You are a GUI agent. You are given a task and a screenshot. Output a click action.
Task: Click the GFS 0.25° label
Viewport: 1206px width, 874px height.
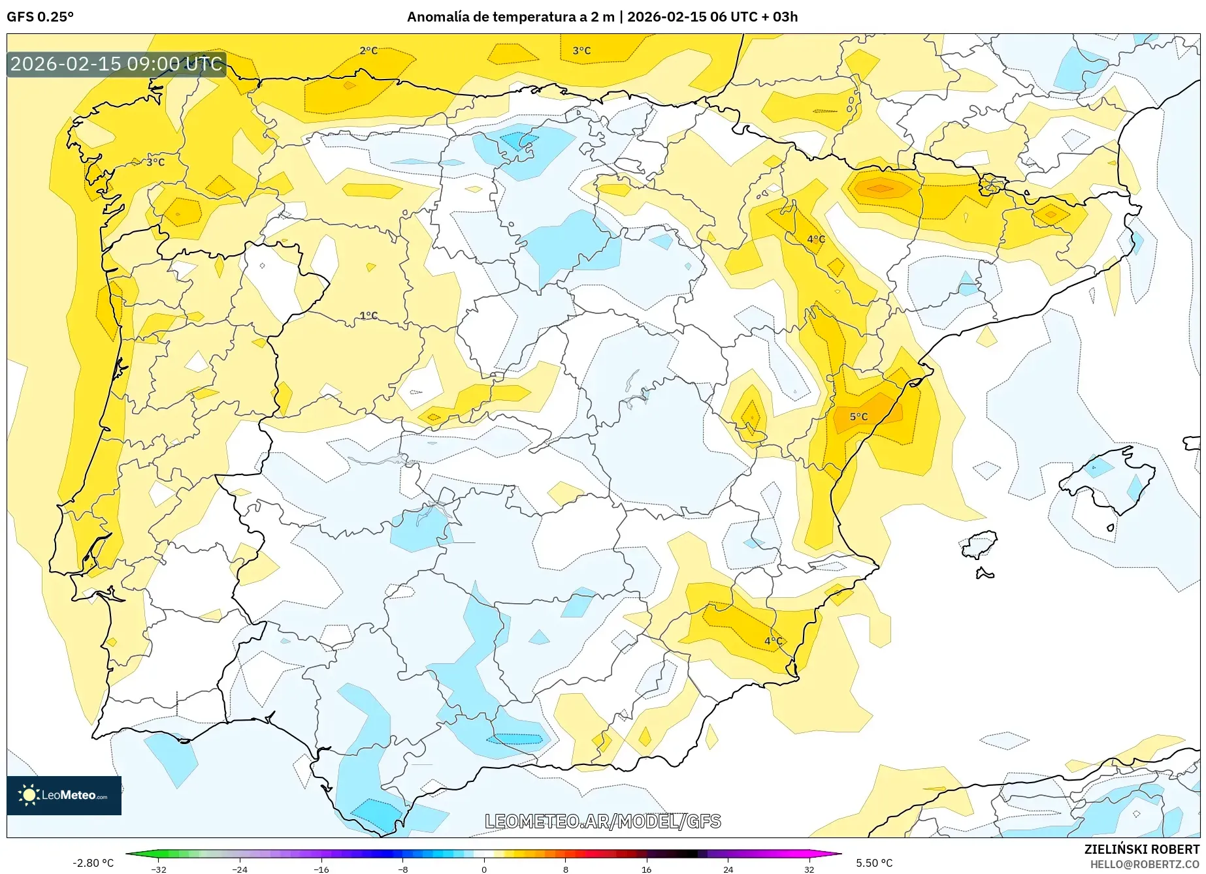(40, 17)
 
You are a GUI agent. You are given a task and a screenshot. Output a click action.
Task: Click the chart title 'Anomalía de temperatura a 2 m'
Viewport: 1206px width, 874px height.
(510, 17)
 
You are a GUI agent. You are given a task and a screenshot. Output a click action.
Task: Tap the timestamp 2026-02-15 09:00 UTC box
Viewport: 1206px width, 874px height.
(116, 64)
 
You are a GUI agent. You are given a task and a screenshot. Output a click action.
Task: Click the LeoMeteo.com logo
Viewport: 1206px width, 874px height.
(64, 795)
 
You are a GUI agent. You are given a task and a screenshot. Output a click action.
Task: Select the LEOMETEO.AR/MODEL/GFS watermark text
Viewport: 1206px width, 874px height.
(602, 821)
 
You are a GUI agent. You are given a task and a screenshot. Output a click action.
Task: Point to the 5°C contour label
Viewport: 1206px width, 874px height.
(858, 416)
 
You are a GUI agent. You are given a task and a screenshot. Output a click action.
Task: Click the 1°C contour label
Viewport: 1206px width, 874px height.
(368, 315)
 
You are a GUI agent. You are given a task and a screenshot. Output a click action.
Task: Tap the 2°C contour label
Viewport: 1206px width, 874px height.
(368, 50)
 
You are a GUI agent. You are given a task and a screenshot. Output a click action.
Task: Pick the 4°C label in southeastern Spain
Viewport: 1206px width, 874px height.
(774, 641)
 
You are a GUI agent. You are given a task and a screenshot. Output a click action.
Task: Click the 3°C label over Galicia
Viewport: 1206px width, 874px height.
(155, 162)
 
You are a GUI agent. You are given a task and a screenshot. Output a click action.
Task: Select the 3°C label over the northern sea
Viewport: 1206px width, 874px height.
(581, 50)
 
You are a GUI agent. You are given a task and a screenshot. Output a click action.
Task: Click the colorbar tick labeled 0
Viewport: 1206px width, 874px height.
(484, 869)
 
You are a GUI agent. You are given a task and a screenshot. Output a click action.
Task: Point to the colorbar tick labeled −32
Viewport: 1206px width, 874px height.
(159, 869)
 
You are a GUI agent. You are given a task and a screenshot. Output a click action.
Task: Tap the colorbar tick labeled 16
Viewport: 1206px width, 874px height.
(646, 869)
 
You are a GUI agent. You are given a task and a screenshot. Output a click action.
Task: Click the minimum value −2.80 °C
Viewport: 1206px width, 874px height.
(93, 863)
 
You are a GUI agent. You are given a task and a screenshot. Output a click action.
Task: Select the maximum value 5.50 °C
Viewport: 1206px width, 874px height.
(874, 863)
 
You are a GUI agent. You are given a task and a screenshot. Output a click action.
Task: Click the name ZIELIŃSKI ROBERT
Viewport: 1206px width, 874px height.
(1141, 849)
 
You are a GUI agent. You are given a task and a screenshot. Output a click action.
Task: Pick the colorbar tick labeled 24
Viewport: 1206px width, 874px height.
(728, 869)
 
